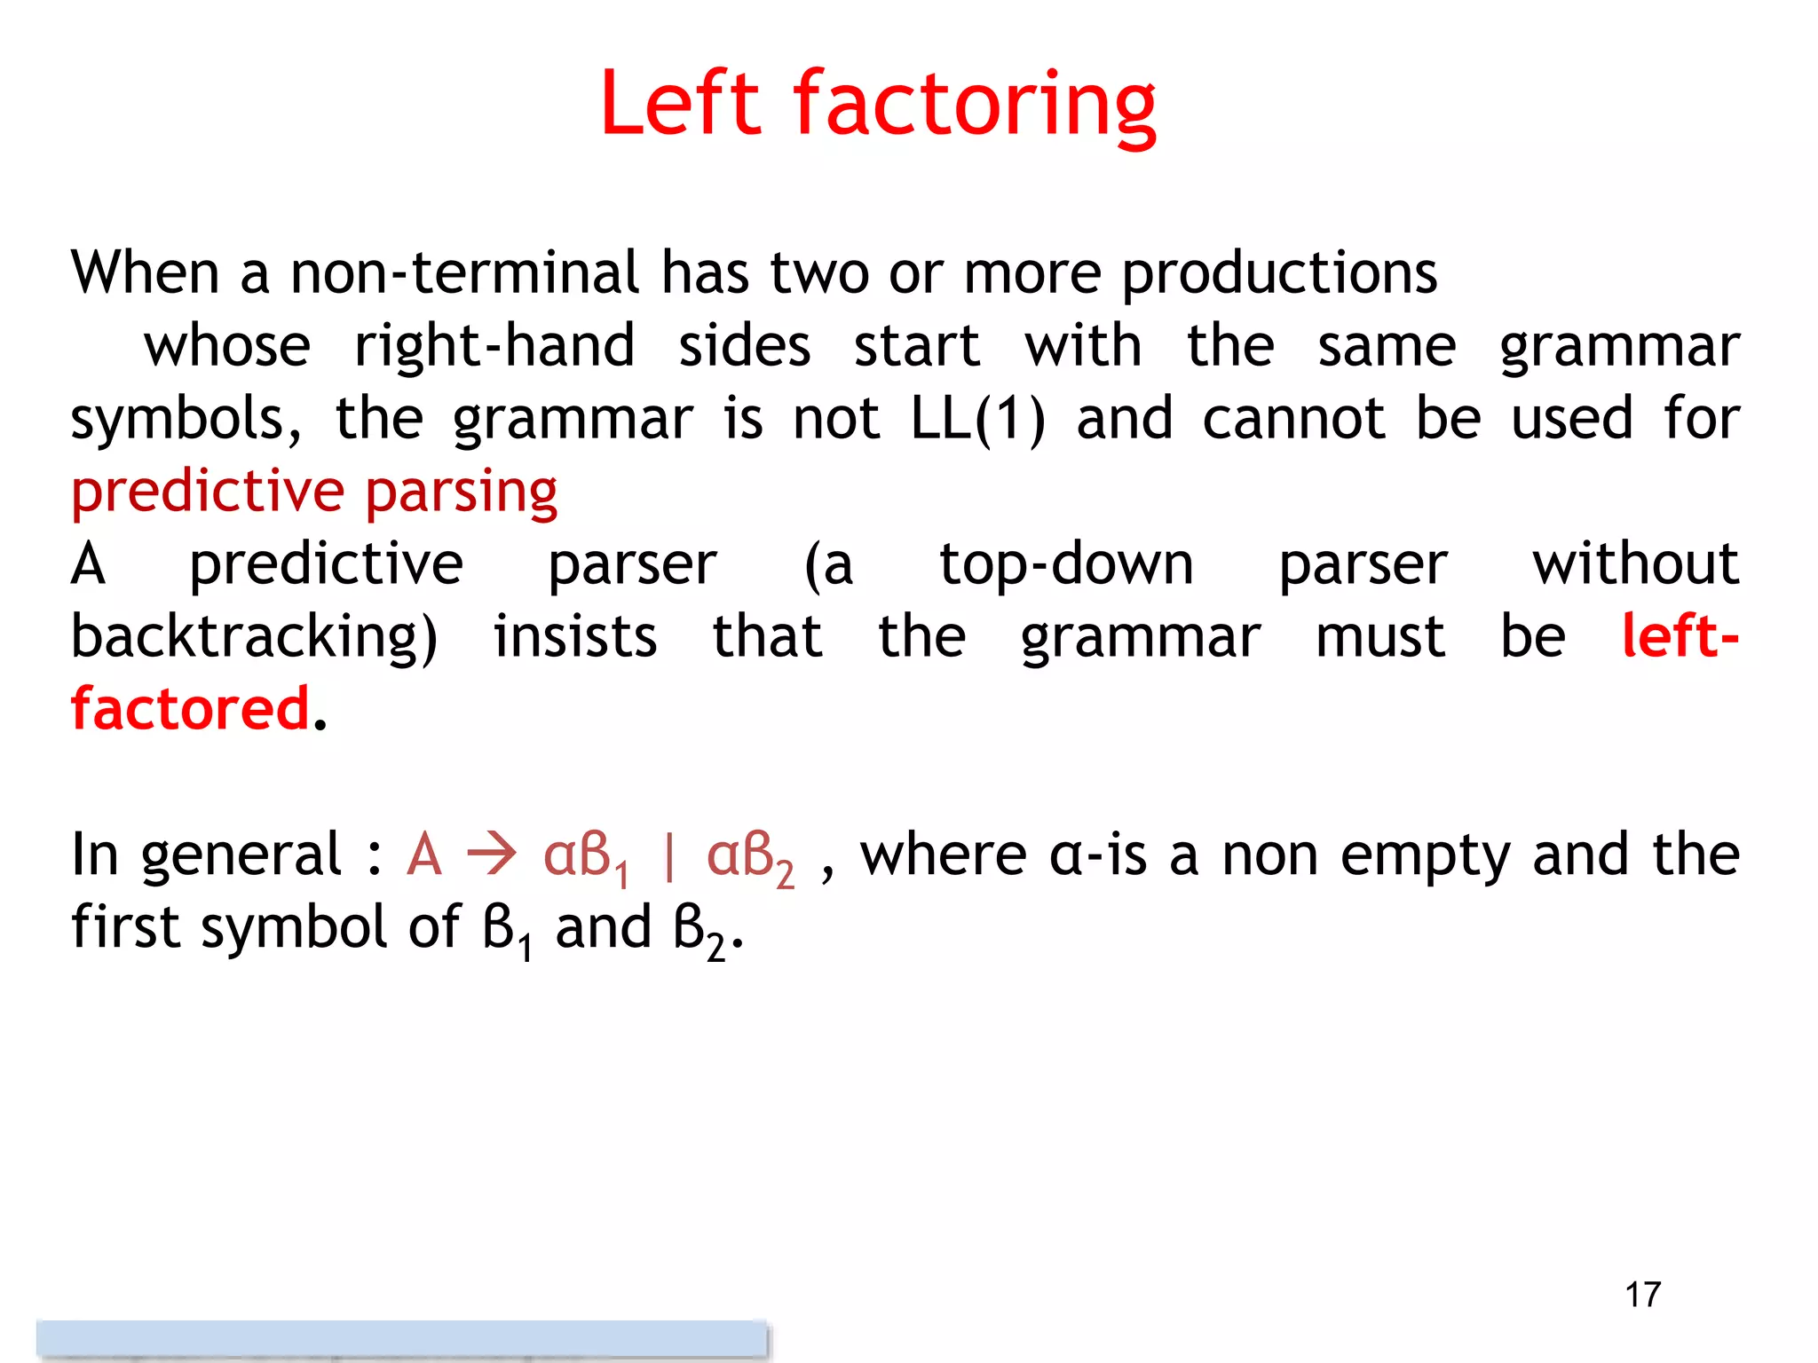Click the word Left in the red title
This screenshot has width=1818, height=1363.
tap(680, 104)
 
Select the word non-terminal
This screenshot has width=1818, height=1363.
tap(464, 272)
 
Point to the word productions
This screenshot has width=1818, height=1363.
tap(1279, 272)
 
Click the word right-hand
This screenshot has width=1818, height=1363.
tap(494, 345)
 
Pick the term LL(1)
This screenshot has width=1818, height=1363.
tap(978, 419)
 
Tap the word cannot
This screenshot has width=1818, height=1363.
tap(1293, 419)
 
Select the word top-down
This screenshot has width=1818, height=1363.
tap(1066, 564)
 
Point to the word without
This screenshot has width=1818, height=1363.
tap(1635, 564)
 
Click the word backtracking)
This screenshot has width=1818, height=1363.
tap(254, 637)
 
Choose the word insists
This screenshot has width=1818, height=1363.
tap(575, 637)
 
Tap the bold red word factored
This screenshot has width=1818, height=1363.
tap(190, 710)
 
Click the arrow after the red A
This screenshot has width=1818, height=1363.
tap(492, 855)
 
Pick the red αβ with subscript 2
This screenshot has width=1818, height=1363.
tap(749, 857)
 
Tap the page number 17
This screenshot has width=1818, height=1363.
tap(1642, 1295)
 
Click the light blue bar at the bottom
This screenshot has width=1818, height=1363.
tap(401, 1338)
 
